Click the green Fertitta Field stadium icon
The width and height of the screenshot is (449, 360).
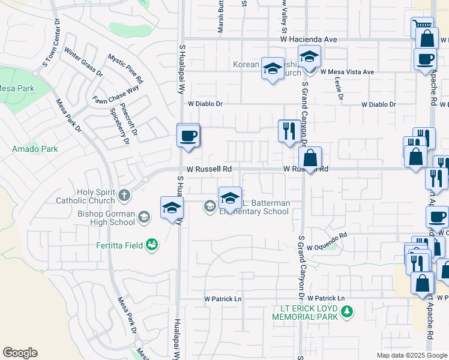click(152, 244)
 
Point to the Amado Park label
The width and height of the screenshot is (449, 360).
click(35, 148)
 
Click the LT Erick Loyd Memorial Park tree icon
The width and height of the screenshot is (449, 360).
click(346, 311)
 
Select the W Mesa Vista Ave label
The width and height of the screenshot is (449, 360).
click(347, 71)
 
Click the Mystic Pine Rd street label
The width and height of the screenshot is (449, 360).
click(125, 68)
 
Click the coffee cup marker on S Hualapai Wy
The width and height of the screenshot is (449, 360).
click(188, 136)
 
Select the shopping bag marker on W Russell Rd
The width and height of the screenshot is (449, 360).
click(310, 159)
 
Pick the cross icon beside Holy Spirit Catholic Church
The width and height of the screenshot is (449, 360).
click(124, 194)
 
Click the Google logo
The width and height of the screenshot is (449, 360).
click(20, 353)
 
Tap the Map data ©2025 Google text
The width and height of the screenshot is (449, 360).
click(412, 355)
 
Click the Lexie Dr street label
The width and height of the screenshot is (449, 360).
click(340, 88)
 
